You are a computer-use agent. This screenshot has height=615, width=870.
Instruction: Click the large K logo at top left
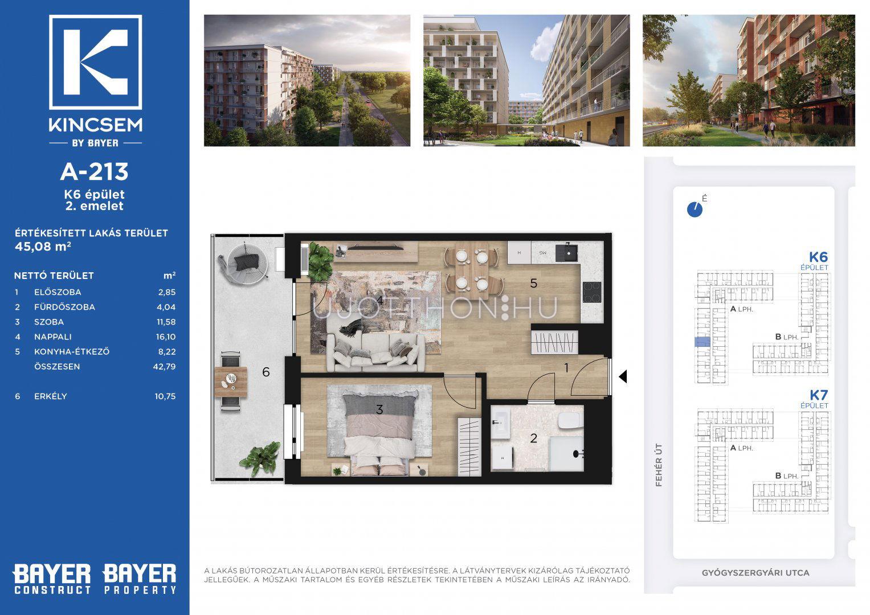96,62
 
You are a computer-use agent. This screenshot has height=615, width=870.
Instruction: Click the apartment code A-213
95,171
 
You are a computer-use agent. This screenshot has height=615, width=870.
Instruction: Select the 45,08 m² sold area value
43,247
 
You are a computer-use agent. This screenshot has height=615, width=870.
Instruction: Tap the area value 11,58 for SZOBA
166,322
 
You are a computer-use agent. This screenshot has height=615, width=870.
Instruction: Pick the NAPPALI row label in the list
53,337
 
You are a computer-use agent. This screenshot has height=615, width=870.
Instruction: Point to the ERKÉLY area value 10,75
165,396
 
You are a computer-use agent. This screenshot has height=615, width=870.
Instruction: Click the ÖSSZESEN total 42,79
165,367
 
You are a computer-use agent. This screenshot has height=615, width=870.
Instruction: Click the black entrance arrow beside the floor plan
623,376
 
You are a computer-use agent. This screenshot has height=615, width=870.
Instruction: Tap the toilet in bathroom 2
570,420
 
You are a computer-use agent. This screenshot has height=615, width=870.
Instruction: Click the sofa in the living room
375,352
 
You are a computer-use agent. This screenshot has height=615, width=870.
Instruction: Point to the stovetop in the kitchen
592,293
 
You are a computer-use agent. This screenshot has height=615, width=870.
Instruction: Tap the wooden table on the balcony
231,382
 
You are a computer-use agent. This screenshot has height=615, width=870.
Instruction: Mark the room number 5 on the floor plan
534,284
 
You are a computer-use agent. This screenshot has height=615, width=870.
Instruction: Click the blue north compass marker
695,210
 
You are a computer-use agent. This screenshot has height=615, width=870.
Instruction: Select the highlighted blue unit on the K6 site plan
702,342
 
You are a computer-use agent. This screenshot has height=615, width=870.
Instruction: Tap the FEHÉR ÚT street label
658,465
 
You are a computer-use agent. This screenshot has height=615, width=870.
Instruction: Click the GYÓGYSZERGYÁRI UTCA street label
755,573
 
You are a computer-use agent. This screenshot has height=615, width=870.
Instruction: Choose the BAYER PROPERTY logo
140,579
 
